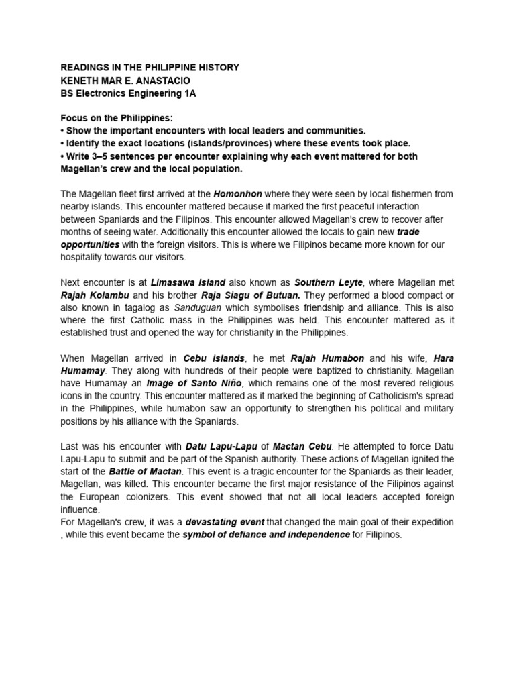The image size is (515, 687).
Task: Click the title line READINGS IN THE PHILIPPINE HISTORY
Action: pyautogui.click(x=150, y=68)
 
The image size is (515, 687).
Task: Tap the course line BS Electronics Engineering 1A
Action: pyautogui.click(x=129, y=93)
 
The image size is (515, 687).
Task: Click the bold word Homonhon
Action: pyautogui.click(x=235, y=195)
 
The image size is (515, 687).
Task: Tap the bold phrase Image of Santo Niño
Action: pyautogui.click(x=190, y=384)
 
